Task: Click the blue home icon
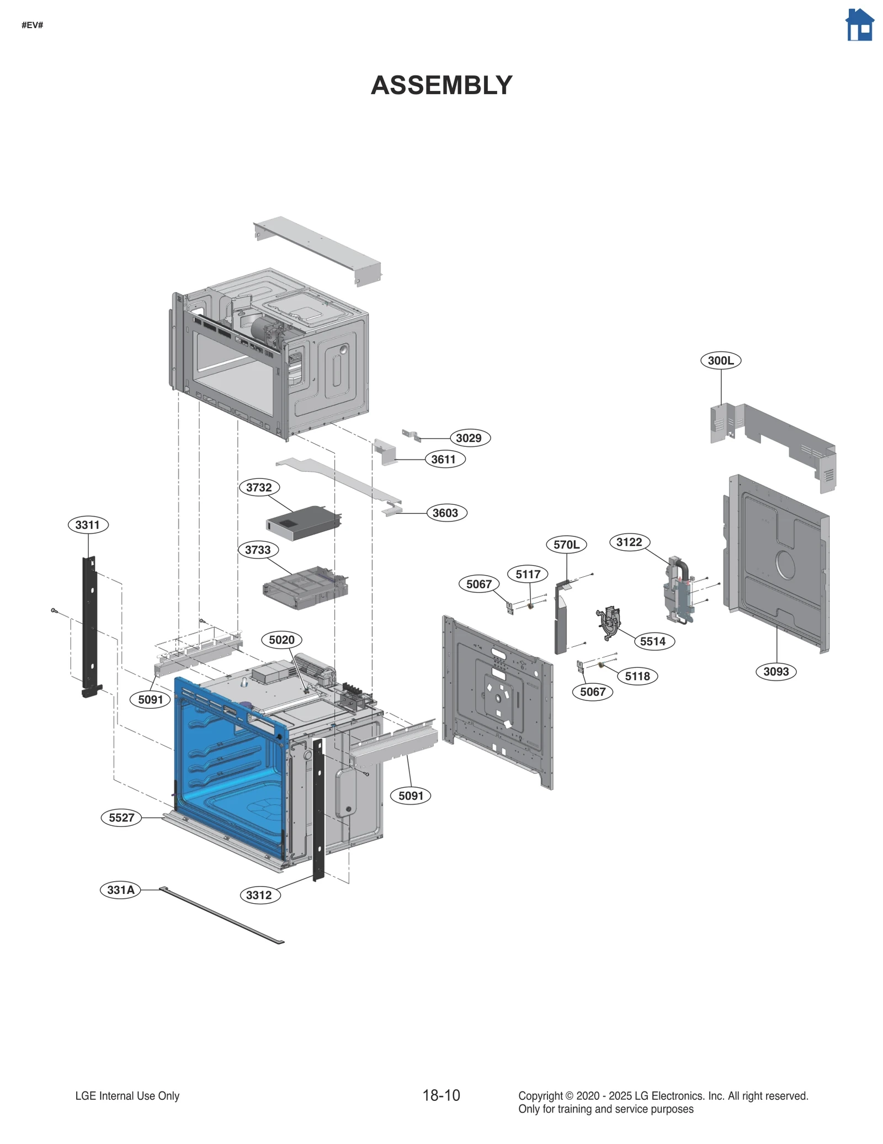click(859, 25)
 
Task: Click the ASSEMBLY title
click(441, 85)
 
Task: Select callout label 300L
click(720, 361)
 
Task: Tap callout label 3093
click(775, 672)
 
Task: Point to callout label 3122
click(629, 542)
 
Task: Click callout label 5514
click(653, 641)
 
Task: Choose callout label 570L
click(566, 545)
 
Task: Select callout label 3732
click(259, 487)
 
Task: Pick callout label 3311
click(88, 525)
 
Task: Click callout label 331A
click(120, 890)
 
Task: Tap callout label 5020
click(281, 640)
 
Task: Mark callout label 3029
click(469, 438)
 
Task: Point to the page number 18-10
click(441, 1096)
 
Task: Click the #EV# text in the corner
click(32, 25)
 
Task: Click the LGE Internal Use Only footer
click(127, 1096)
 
